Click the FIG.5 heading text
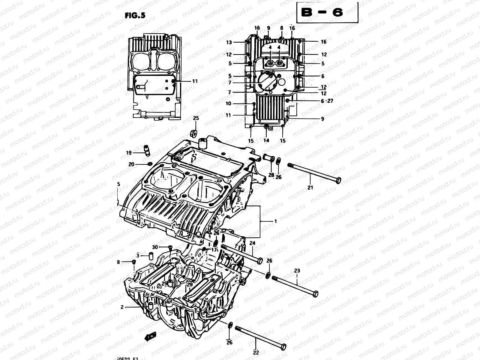tap(135, 16)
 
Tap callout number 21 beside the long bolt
tap(310, 187)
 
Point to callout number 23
tap(297, 271)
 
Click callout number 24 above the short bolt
tap(252, 243)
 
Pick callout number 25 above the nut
tap(196, 118)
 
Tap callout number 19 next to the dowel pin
tap(129, 153)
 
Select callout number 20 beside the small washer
tap(131, 164)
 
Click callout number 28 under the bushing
tap(271, 175)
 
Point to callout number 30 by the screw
tap(155, 247)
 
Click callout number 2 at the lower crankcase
tap(122, 307)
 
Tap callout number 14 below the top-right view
tap(266, 140)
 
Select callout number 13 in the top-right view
tap(229, 43)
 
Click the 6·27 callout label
tap(327, 101)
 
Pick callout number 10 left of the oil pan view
tap(229, 103)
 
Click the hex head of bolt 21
tap(338, 181)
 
